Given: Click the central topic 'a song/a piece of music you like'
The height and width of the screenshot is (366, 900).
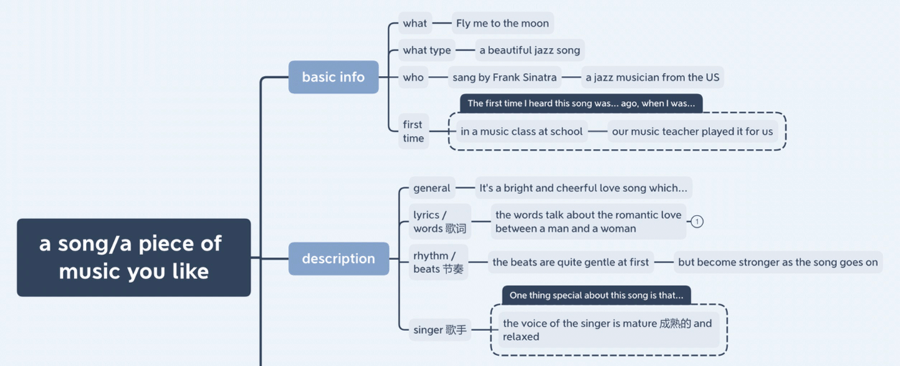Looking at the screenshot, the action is (x=134, y=258).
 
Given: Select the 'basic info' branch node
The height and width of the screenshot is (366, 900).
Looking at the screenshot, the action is (x=333, y=77).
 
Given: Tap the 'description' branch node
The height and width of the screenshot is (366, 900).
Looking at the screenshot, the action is (x=339, y=259).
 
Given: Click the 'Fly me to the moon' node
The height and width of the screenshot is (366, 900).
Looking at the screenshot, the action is (x=502, y=24).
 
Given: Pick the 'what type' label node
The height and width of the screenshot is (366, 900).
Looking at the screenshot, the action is (x=426, y=50).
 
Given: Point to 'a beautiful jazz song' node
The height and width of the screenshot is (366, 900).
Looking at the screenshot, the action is (x=530, y=50).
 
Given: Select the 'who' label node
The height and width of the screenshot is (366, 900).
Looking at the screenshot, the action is (x=413, y=77).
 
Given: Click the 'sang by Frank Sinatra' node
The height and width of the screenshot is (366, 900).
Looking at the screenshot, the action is (x=504, y=77).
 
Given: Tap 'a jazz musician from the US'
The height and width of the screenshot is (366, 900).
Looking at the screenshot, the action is (x=653, y=77).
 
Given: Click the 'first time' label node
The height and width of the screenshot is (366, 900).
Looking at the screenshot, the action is (x=413, y=131).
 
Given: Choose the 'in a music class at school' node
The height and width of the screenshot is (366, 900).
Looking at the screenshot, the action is (x=522, y=131).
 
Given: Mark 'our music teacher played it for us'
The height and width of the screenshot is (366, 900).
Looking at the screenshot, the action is (x=692, y=131).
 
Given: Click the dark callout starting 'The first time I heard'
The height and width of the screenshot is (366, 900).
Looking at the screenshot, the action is (x=581, y=103).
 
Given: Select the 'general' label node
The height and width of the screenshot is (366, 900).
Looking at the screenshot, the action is (x=432, y=188).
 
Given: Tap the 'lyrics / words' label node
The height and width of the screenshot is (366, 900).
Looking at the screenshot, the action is (x=440, y=222).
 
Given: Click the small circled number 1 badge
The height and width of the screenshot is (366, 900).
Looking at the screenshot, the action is (x=697, y=221).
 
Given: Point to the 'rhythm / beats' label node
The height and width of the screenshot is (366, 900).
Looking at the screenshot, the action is (x=439, y=262).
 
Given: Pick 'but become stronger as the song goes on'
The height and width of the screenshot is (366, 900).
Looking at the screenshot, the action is (x=778, y=262).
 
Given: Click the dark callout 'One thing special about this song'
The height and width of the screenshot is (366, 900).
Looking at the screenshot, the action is (x=596, y=295).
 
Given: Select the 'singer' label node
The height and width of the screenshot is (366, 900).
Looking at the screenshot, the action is (x=440, y=330).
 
